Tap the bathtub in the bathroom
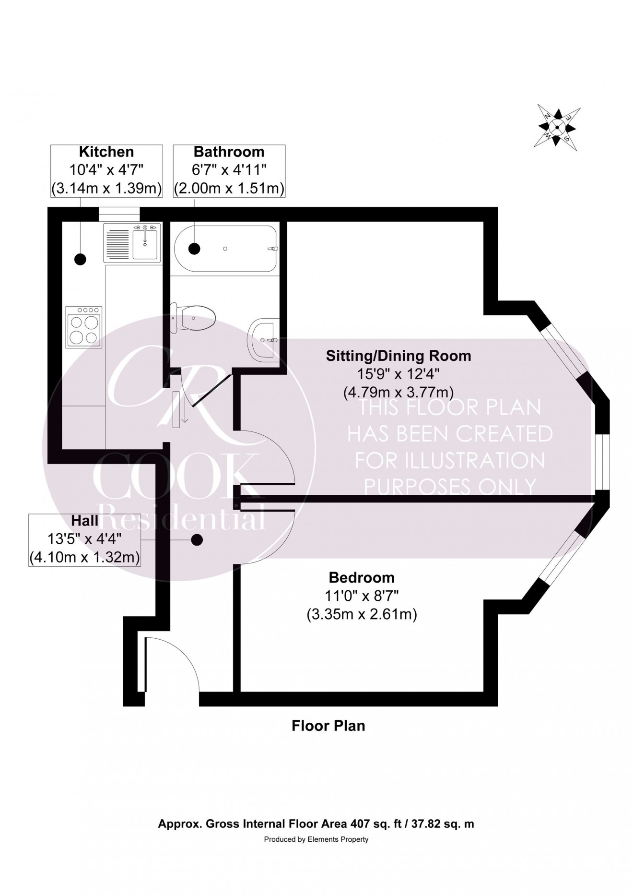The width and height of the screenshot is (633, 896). click(x=225, y=249)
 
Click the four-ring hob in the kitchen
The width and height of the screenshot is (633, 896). click(x=84, y=327)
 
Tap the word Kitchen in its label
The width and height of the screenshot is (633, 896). click(x=106, y=152)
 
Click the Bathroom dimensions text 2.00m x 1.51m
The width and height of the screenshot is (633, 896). click(x=229, y=188)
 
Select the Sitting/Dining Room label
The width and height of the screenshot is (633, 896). click(x=398, y=356)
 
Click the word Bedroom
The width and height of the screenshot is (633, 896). click(x=362, y=577)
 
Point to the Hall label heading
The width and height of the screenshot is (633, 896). click(x=85, y=520)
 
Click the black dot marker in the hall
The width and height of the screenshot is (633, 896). click(x=196, y=540)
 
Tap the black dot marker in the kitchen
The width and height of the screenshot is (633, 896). click(x=80, y=259)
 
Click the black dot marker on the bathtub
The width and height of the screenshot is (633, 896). click(x=194, y=248)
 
